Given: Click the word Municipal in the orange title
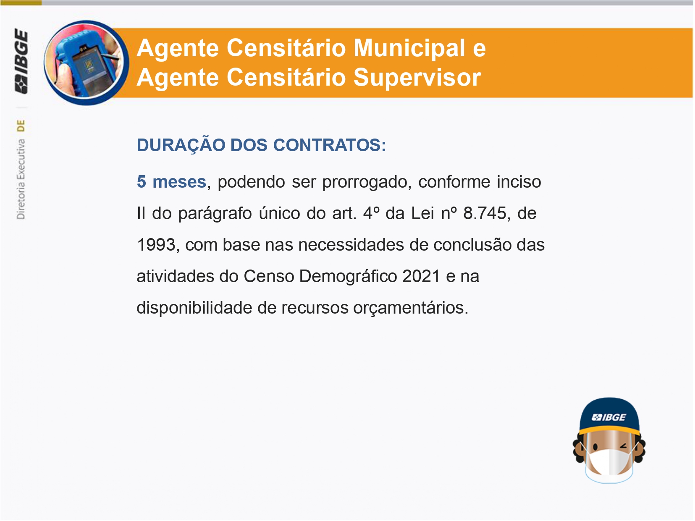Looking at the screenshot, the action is click(x=409, y=48).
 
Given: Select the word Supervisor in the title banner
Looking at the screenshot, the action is click(x=417, y=77).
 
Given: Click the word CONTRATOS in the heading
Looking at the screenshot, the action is click(x=329, y=145).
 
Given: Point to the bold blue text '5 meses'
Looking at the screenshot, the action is click(x=172, y=182).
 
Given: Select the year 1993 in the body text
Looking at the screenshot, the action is click(x=156, y=245).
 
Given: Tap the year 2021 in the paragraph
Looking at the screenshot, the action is click(x=422, y=276).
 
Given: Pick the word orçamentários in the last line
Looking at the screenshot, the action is click(x=410, y=308).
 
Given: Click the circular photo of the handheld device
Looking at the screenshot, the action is click(x=86, y=63).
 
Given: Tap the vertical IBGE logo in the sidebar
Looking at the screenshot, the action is click(x=21, y=61).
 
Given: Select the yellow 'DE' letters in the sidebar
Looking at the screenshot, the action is click(x=21, y=126).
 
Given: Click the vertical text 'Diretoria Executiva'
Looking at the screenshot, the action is click(x=21, y=179).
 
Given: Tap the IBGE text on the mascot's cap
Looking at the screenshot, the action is click(x=609, y=418).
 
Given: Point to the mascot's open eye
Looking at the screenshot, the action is click(x=595, y=447).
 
